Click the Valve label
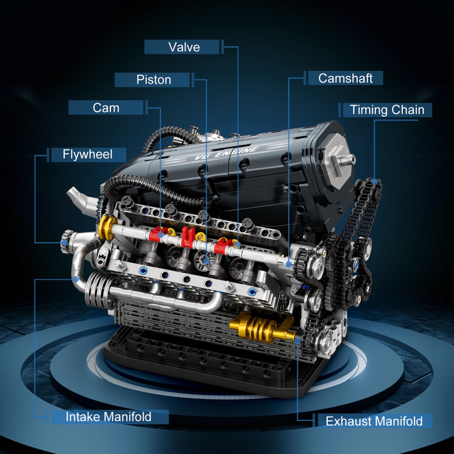point(184,47)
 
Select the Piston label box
point(154,80)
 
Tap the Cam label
point(106,108)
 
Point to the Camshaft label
point(345,78)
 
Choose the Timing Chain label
point(387,110)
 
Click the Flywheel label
point(88,154)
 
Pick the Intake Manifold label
point(108,417)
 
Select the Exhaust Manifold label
point(374,421)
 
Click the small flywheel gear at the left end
point(66,241)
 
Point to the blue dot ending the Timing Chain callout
point(374,181)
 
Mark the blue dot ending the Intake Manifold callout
point(75,279)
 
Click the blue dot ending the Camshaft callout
point(289,264)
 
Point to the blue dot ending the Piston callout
point(206,261)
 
